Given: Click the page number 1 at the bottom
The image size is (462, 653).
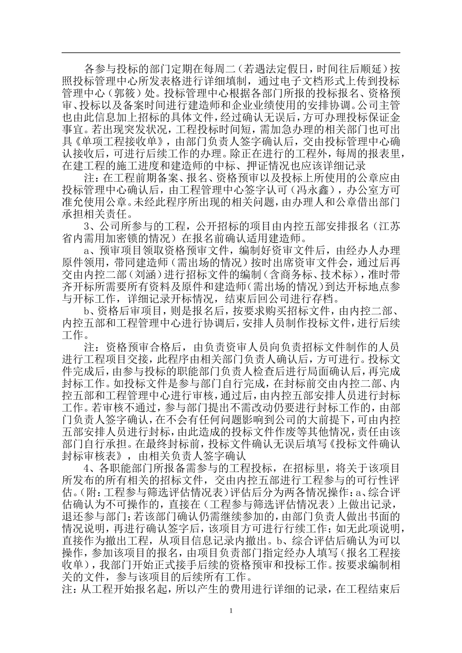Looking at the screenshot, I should tap(231, 611).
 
